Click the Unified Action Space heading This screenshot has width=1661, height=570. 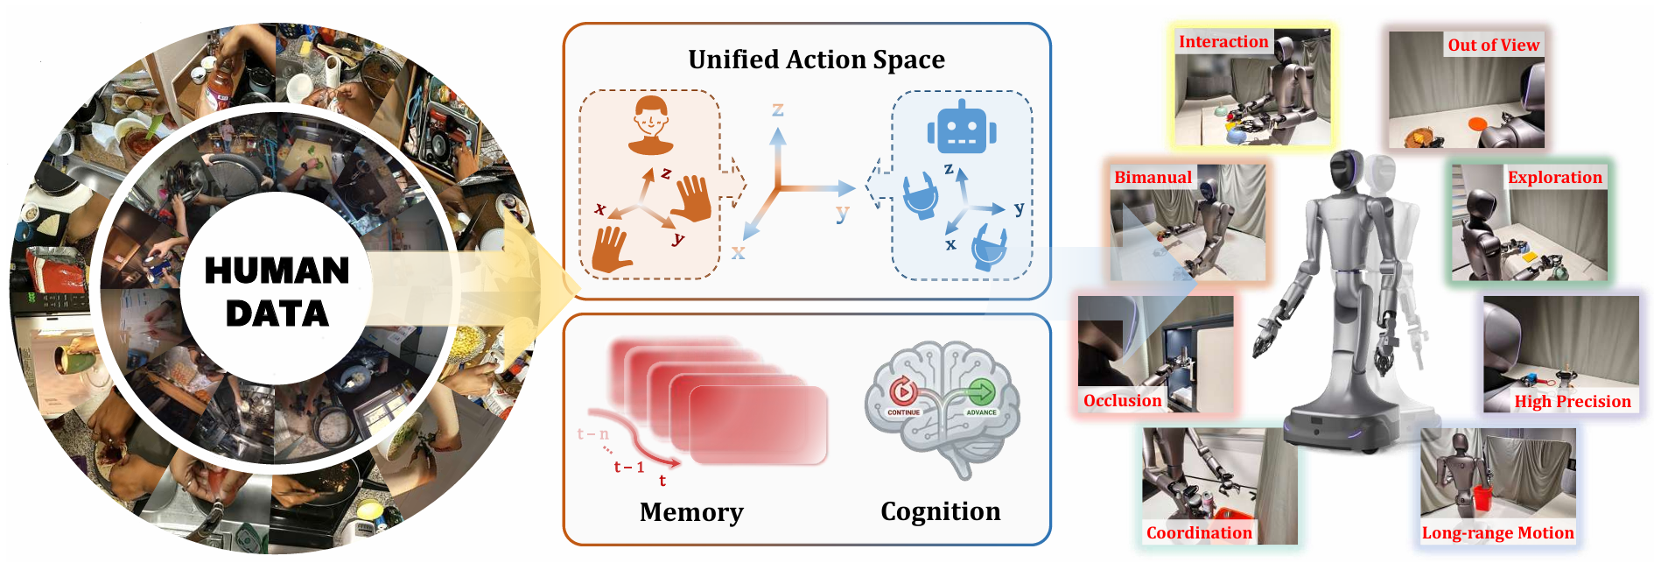pos(816,60)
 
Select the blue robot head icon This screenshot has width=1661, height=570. pos(961,128)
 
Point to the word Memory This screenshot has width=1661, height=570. pos(691,512)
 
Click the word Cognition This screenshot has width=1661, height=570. pos(940,511)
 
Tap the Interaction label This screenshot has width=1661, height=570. pos(1223,42)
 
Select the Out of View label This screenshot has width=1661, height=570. pos(1493,46)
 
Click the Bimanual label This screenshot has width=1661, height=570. pos(1153,178)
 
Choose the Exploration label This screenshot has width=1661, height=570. pos(1554,178)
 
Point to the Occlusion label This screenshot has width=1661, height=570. pos(1122,401)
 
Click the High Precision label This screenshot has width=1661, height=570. pos(1573,402)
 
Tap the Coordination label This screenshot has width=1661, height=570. pos(1199,533)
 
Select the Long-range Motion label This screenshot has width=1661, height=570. pos(1497,533)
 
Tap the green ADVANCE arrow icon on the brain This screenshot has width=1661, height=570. pos(981,392)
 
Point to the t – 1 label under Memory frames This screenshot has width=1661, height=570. pos(628,468)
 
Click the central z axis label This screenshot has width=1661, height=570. pos(777,110)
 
